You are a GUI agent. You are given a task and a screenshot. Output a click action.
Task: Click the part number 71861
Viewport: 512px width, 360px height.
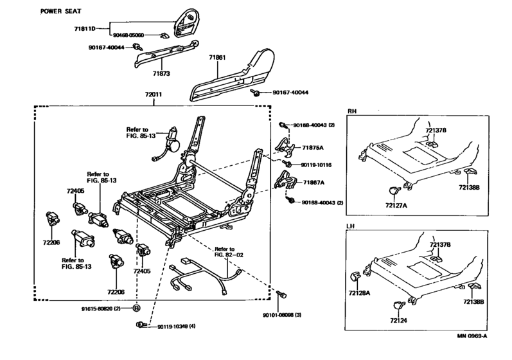pos(217,57)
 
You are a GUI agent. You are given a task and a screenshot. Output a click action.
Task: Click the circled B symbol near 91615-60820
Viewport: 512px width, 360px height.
pos(136,309)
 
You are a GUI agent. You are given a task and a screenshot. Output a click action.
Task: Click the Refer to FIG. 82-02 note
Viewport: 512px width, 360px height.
pos(224,251)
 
